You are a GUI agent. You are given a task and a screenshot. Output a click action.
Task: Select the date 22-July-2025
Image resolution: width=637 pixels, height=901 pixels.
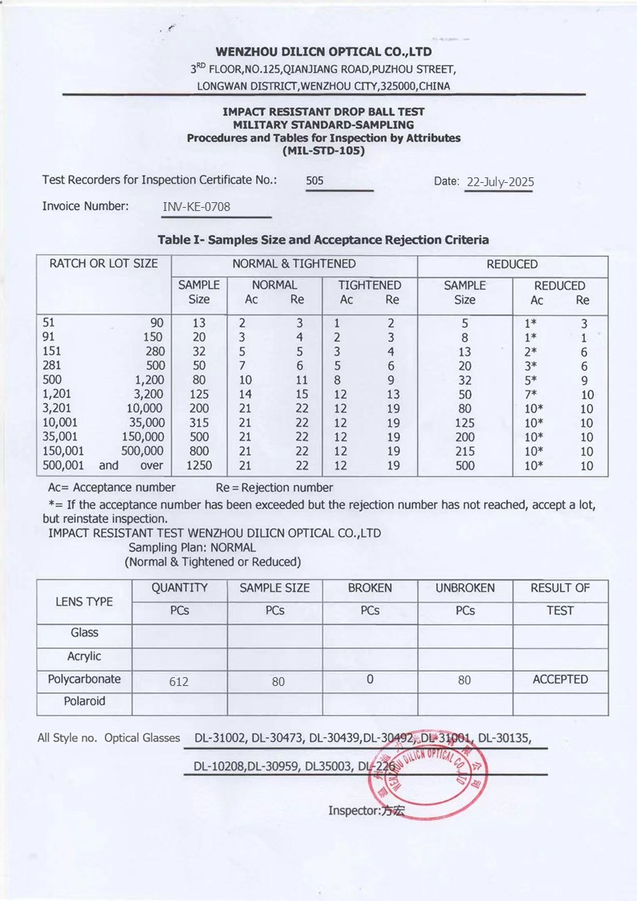[x=500, y=182]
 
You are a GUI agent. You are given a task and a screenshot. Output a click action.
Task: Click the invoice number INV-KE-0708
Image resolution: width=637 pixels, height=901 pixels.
[x=197, y=207]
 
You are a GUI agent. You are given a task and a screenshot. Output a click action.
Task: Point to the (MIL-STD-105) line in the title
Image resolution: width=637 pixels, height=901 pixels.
[x=323, y=150]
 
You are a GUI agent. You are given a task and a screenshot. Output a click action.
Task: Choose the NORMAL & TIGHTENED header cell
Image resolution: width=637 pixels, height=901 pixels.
[x=294, y=264]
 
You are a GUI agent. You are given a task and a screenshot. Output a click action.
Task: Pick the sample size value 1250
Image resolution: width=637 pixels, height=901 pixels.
[x=198, y=465]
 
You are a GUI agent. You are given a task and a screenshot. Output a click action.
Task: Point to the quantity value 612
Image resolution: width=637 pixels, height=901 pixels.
[x=179, y=682]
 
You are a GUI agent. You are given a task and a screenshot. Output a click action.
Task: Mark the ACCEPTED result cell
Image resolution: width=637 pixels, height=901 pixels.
[x=560, y=680]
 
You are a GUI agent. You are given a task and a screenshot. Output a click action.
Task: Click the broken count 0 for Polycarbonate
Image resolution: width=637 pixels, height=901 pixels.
[x=370, y=680]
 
